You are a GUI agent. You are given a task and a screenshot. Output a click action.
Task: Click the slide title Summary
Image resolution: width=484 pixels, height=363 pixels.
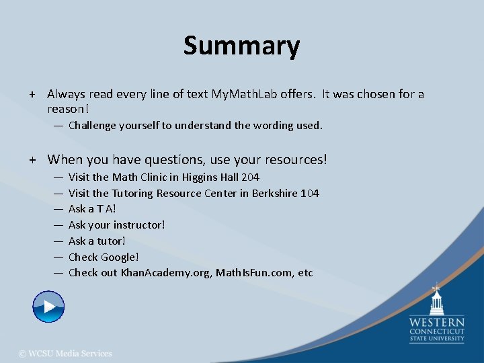241,46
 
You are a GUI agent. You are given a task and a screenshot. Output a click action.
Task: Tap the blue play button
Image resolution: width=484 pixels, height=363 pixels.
48,307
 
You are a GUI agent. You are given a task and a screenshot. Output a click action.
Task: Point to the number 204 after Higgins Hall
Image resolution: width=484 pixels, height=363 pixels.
250,177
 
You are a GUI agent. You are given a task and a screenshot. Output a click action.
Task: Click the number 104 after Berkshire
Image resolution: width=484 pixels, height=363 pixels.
309,193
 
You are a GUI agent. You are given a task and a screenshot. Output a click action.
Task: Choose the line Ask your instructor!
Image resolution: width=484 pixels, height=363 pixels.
116,225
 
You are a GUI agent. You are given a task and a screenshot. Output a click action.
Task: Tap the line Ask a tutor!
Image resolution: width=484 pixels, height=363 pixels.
97,241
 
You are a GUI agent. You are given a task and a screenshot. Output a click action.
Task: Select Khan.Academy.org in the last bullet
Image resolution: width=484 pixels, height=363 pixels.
165,272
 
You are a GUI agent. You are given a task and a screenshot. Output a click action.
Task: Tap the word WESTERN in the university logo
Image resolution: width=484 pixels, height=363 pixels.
437,322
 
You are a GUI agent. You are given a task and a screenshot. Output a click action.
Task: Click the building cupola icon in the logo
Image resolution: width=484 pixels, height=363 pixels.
437,299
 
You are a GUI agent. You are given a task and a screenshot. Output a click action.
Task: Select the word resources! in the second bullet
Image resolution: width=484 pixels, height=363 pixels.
294,159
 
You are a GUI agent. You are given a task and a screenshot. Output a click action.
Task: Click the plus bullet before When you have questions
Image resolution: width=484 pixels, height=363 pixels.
32,159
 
